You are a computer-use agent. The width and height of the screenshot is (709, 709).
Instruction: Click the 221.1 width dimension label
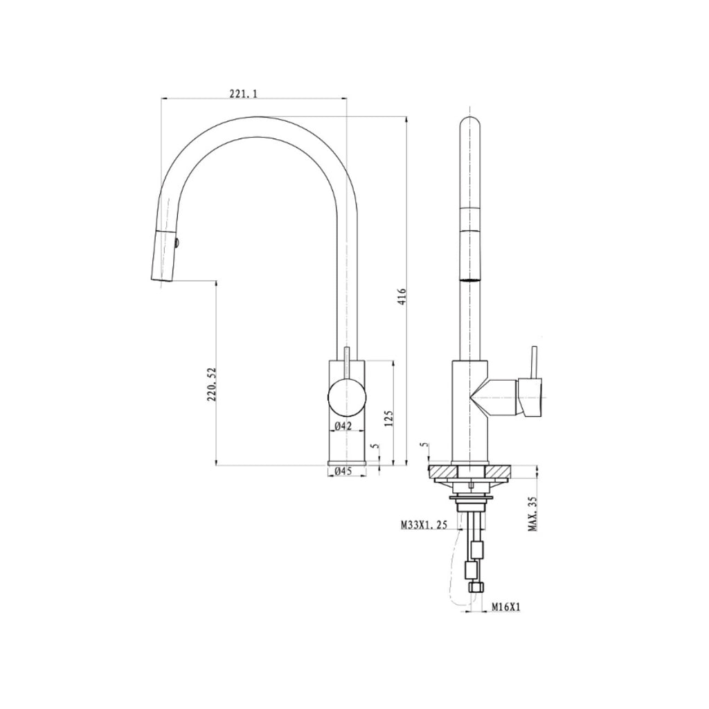pos(242,93)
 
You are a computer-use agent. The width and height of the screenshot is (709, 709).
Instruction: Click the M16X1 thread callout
pos(505,607)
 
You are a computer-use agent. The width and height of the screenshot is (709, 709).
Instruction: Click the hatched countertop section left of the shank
pos(444,472)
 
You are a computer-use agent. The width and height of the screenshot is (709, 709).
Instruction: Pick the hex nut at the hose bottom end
pos(475,586)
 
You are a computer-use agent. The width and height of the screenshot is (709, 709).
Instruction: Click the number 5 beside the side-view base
pos(423,447)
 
